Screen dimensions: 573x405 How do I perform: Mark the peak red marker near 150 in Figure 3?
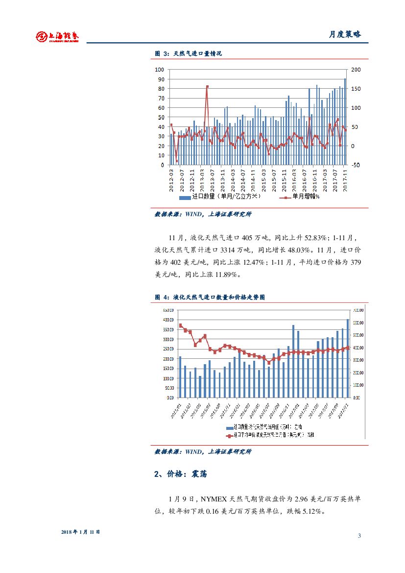pos(207,87)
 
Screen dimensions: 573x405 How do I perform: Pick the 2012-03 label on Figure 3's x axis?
pos(172,180)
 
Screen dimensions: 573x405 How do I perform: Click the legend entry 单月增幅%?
pos(300,197)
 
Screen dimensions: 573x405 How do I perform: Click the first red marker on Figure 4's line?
pos(180,325)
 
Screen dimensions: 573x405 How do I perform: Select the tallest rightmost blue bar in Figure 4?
pos(348,358)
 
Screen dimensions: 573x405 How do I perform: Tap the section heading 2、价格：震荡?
pos(180,474)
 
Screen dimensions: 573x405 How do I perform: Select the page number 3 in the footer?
pos(359,535)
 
